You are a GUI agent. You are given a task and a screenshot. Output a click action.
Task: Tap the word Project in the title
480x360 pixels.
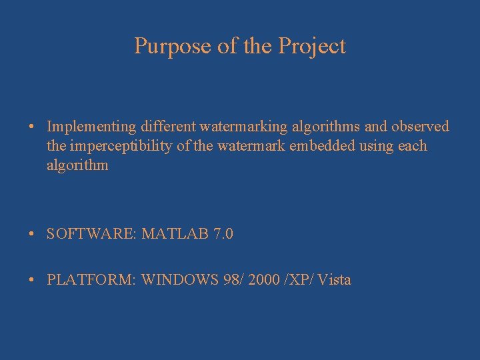[x=312, y=46]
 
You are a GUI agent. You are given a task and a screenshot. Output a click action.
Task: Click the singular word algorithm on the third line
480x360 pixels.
[x=77, y=165]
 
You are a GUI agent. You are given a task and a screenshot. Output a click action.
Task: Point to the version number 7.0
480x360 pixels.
[x=223, y=234]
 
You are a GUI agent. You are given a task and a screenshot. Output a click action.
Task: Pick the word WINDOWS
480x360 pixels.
[x=179, y=280]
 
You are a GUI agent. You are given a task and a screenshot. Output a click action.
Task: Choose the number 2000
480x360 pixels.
[x=263, y=280]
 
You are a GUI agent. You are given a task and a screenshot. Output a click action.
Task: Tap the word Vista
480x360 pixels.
[x=334, y=280]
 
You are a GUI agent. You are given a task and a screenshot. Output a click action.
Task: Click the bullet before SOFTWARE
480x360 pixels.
[x=33, y=235]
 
